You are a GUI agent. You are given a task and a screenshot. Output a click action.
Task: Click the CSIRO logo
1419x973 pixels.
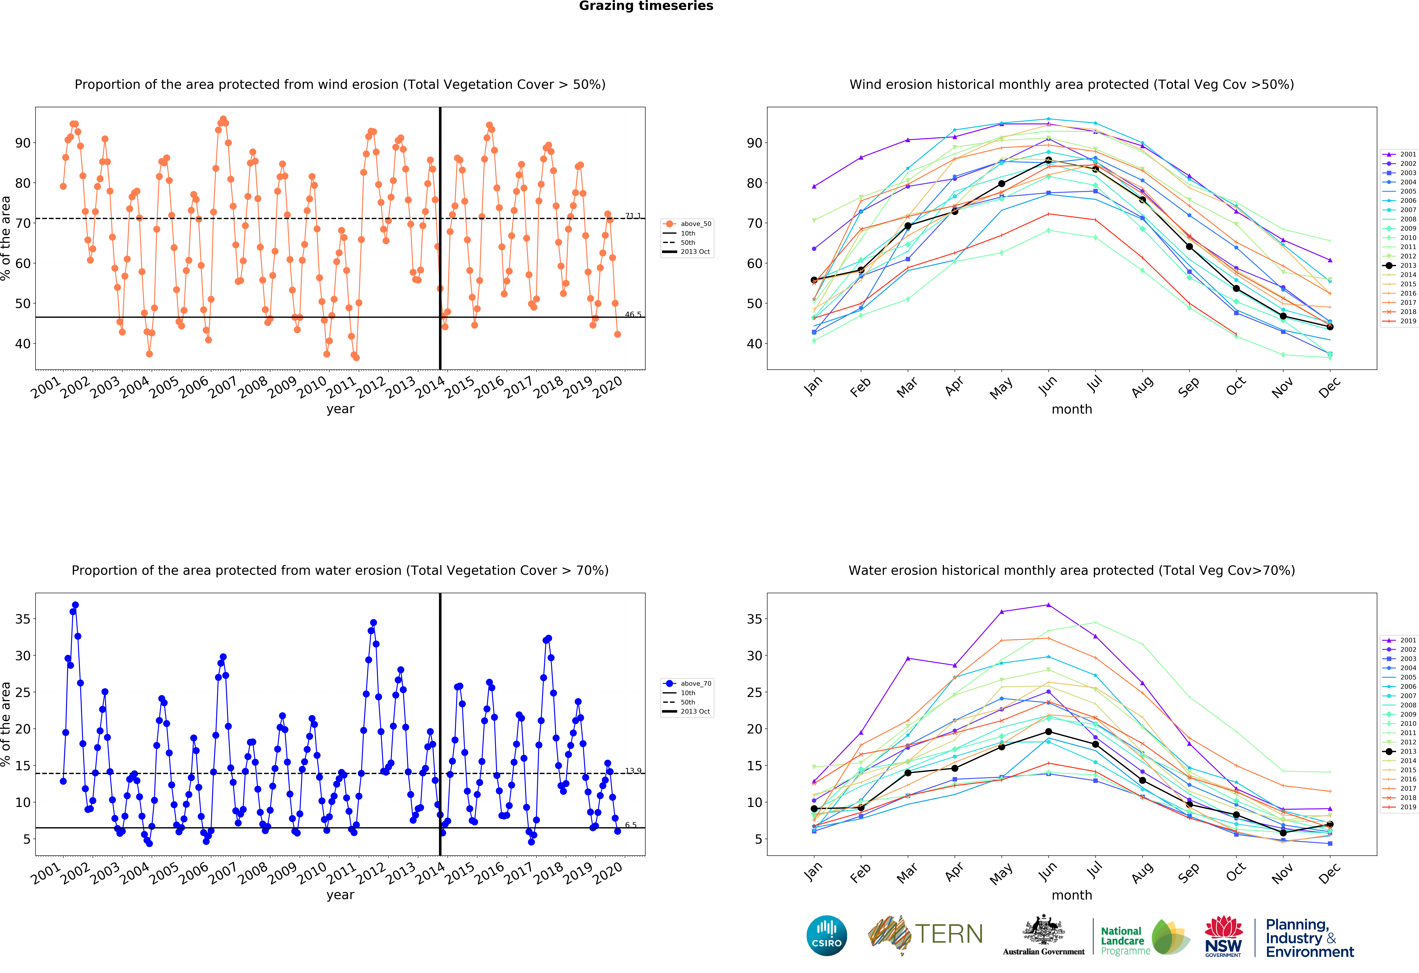point(827,935)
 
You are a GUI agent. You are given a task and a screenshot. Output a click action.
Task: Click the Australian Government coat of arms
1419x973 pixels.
point(1044,931)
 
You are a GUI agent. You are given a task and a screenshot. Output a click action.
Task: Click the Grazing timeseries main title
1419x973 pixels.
point(646,6)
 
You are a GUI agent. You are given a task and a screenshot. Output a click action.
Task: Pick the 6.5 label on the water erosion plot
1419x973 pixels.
point(631,825)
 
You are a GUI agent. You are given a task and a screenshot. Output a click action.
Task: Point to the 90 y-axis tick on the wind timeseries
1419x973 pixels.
point(23,143)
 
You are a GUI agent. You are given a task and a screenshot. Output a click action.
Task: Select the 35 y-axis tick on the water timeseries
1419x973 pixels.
point(23,619)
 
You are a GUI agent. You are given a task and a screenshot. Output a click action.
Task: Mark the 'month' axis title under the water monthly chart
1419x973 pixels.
point(1072,895)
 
